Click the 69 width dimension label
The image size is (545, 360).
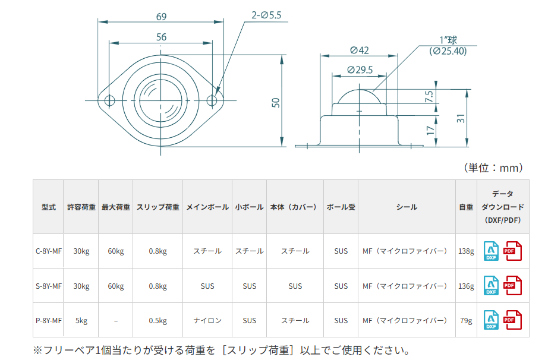161,17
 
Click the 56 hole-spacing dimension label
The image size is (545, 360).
161,37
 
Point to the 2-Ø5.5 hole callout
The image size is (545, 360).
266,15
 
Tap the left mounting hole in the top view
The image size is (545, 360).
109,101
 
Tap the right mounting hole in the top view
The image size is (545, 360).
212,101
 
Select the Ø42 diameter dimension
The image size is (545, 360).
360,50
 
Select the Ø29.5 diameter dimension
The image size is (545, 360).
360,70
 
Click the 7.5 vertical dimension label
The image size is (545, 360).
430,96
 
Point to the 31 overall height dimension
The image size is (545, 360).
461,118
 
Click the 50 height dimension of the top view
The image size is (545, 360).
276,103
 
